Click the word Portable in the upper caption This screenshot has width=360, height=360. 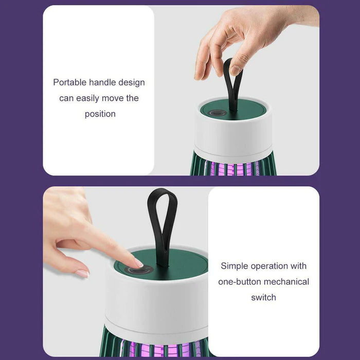pyautogui.click(x=69, y=82)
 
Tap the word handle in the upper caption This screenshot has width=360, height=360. pyautogui.click(x=102, y=82)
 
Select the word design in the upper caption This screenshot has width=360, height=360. pyautogui.click(x=132, y=82)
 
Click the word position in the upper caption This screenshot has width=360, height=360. pyautogui.click(x=100, y=114)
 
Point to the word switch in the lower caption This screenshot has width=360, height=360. pyautogui.click(x=263, y=297)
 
